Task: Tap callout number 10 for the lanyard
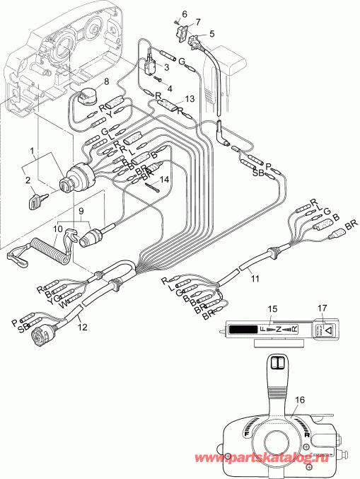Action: [58, 229]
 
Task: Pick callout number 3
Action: [166, 67]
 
